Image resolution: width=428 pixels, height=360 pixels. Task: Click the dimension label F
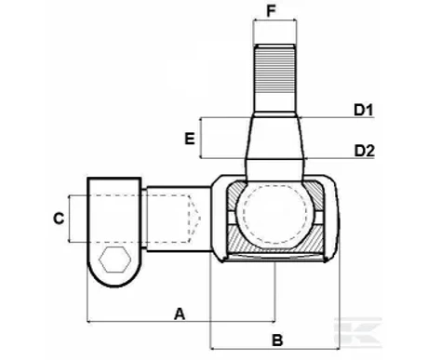273,11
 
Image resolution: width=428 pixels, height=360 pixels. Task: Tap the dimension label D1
364,111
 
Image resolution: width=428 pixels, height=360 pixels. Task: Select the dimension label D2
364,150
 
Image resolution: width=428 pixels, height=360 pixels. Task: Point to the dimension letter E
189,139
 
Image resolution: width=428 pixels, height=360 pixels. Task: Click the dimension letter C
58,220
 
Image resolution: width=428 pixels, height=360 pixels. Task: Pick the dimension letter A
181,314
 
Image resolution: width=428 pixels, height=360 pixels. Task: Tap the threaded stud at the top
274,70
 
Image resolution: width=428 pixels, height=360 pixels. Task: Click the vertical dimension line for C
69,220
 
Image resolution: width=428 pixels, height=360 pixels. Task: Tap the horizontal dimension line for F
274,23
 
